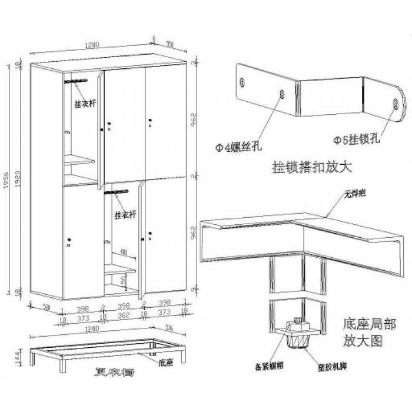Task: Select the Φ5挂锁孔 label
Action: click(x=357, y=140)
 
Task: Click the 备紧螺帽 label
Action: click(x=270, y=366)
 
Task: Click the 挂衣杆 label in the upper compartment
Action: click(x=85, y=103)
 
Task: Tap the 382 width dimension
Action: click(x=122, y=316)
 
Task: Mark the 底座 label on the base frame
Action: click(x=165, y=363)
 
